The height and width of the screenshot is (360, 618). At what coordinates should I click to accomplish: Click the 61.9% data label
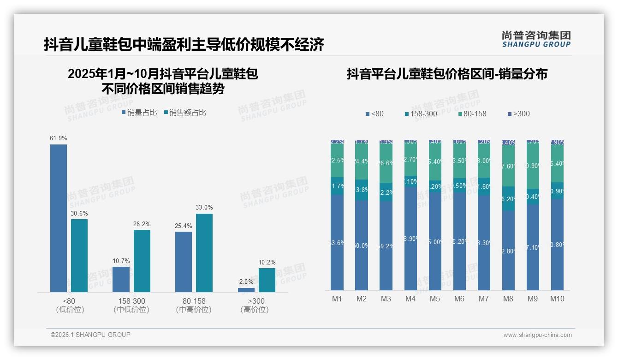pos(59,138)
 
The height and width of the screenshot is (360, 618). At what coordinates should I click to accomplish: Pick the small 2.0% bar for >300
pos(246,290)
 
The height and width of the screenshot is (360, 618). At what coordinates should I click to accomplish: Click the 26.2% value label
pos(142,224)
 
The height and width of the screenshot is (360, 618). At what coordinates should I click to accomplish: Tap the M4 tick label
pos(410,299)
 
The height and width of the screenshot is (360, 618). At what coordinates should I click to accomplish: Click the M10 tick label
pos(557,299)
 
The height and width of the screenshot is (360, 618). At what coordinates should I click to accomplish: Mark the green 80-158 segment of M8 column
pos(508,166)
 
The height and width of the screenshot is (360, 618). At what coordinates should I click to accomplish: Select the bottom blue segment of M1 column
pos(337,242)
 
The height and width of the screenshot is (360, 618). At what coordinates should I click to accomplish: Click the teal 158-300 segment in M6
pos(459,185)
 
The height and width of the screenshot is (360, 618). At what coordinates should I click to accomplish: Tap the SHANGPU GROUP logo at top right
pos(536,39)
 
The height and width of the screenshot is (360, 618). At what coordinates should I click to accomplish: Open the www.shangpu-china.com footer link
pos(537,335)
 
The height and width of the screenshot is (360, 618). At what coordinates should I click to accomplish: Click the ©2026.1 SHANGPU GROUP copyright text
pos(90,335)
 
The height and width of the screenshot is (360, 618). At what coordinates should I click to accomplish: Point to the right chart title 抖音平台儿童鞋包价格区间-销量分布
pos(447,74)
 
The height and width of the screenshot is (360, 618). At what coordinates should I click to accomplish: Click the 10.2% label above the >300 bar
pos(267,263)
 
